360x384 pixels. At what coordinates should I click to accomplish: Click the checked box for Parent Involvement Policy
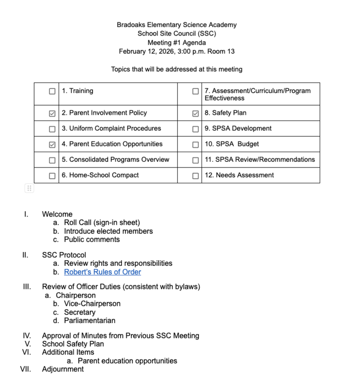click(x=52, y=114)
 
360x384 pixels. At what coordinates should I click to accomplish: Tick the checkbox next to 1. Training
click(x=52, y=92)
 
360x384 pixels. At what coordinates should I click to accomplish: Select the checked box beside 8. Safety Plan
click(x=195, y=114)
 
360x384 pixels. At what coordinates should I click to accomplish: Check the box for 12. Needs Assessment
click(x=195, y=176)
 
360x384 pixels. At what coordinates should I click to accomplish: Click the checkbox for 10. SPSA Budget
click(x=195, y=144)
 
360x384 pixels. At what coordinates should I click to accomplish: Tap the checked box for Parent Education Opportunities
click(x=52, y=144)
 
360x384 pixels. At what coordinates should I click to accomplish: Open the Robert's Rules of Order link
click(x=102, y=272)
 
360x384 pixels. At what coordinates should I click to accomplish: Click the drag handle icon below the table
click(x=29, y=188)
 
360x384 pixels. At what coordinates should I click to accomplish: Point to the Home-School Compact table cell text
click(x=100, y=175)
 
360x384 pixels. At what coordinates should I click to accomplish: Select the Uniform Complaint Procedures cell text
click(x=111, y=129)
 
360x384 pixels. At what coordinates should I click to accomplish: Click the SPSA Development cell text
click(x=238, y=129)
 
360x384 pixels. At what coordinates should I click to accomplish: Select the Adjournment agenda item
click(x=62, y=369)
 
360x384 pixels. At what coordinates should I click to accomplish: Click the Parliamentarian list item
click(x=89, y=321)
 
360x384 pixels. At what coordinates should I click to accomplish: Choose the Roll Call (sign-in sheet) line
click(x=102, y=223)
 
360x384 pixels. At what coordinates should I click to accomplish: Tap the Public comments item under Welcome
click(x=92, y=240)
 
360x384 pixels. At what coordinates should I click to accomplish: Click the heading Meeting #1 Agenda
click(x=177, y=43)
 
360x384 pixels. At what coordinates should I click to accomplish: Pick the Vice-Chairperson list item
click(x=92, y=304)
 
